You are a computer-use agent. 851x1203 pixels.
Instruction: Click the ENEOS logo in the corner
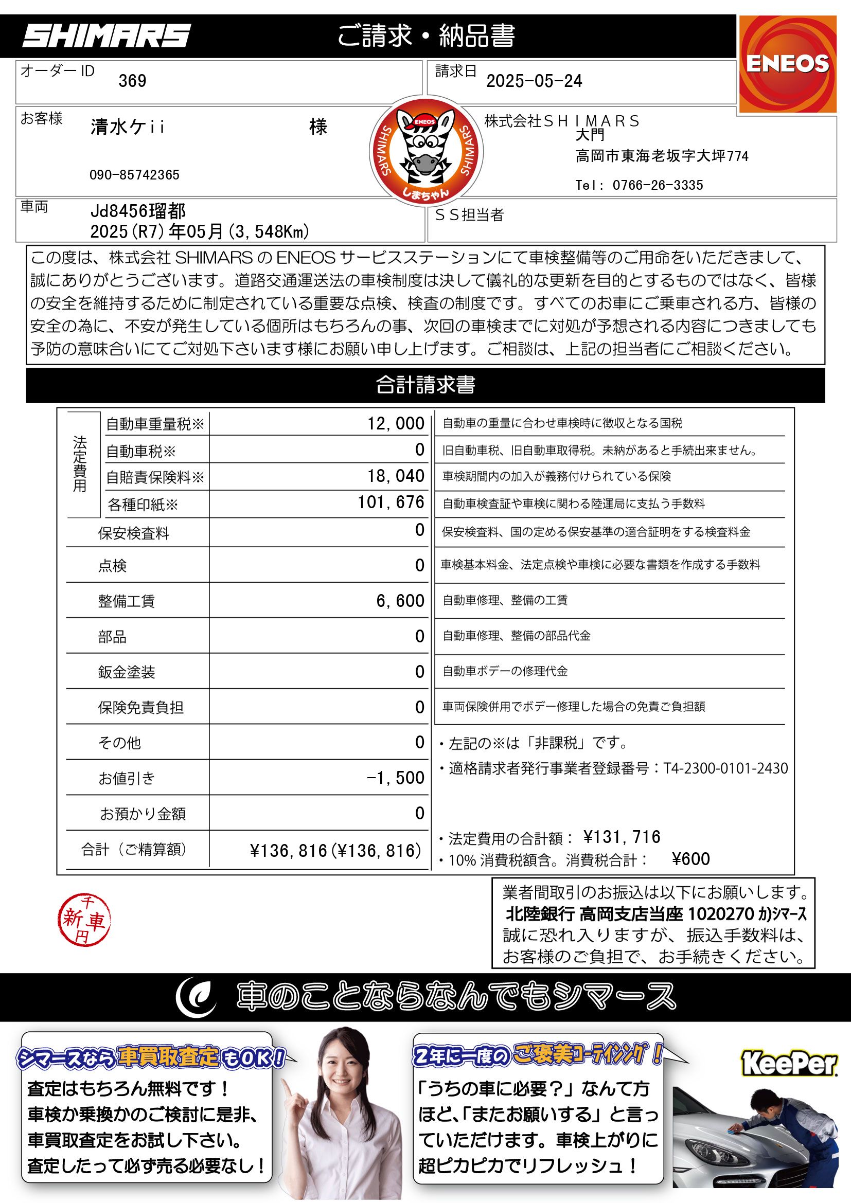point(787,63)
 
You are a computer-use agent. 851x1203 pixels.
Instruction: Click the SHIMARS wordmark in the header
point(107,37)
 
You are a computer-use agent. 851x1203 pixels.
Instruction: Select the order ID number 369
point(132,81)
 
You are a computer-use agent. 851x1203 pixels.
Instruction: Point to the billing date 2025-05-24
point(534,81)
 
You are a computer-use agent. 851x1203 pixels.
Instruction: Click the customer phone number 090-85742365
point(134,175)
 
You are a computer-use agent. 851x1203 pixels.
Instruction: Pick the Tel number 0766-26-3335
point(658,185)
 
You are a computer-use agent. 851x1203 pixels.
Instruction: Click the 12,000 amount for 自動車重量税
point(396,423)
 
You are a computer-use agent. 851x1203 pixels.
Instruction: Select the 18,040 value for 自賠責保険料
point(396,476)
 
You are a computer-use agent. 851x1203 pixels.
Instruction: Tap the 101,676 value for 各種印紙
point(391,502)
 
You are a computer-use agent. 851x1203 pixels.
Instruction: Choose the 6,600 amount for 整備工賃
point(400,600)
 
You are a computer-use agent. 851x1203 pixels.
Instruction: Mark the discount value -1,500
point(396,778)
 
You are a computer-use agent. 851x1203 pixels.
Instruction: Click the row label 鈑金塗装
point(126,672)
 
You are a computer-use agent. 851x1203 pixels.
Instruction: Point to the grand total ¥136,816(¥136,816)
point(335,850)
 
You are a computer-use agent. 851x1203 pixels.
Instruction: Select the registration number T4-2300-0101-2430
point(726,768)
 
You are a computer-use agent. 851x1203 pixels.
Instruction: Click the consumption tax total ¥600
point(690,859)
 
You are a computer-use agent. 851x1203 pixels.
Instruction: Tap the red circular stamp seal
point(84,920)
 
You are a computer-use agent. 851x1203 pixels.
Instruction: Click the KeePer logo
point(790,1064)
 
